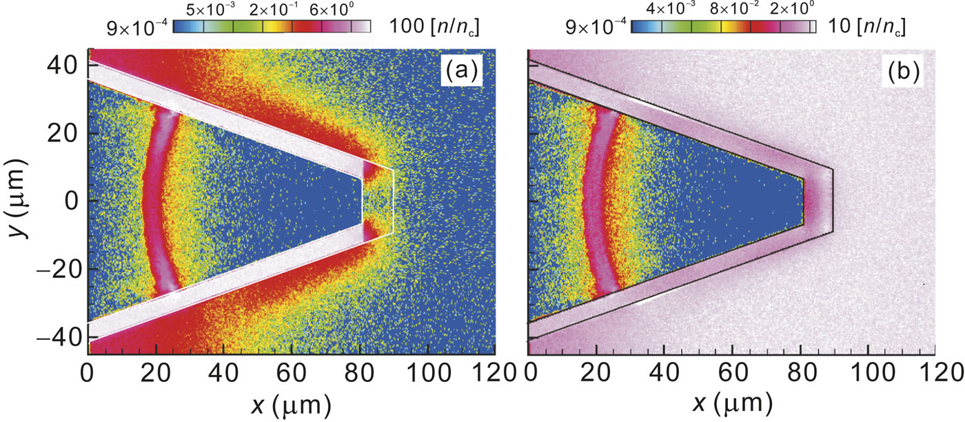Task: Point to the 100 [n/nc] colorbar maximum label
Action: click(435, 27)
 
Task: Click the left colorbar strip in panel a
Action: click(272, 27)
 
